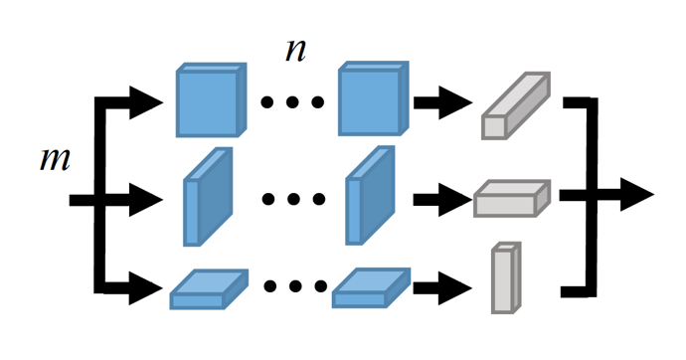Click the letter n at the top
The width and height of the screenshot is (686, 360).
click(x=295, y=51)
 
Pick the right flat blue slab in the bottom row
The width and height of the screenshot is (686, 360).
click(x=371, y=288)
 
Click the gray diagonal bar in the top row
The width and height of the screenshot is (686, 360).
click(x=514, y=105)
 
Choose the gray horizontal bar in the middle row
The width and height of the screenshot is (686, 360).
click(x=511, y=199)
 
